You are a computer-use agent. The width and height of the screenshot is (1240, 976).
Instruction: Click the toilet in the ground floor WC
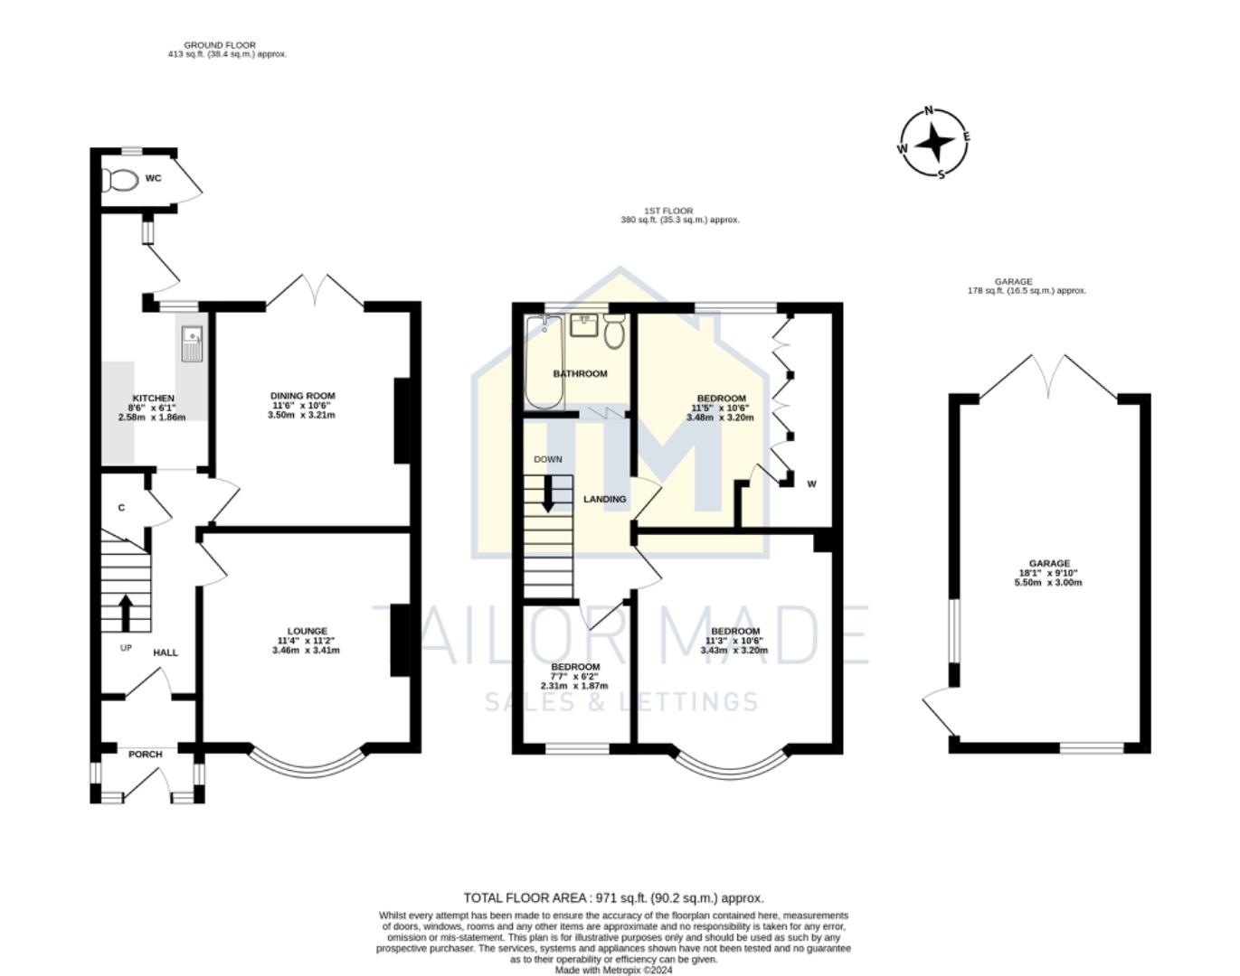click(x=118, y=180)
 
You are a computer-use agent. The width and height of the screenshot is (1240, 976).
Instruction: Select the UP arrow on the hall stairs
click(x=125, y=612)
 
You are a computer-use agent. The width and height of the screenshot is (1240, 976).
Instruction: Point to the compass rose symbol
click(x=933, y=143)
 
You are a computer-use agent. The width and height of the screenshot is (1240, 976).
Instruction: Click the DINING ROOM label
click(x=302, y=396)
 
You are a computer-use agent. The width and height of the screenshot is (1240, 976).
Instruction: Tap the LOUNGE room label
click(x=307, y=631)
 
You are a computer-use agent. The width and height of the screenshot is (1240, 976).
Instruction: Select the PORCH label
click(x=146, y=755)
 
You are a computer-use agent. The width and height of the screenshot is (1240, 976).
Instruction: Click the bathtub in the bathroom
click(x=544, y=361)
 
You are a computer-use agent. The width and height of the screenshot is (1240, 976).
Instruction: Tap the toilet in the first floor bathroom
click(x=615, y=332)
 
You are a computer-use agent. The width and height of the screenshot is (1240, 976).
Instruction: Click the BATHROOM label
click(x=580, y=373)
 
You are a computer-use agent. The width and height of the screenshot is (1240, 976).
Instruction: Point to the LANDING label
click(x=604, y=499)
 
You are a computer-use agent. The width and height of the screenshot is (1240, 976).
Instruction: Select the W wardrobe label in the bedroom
click(x=811, y=484)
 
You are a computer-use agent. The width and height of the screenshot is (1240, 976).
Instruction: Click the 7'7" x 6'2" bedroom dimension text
click(x=574, y=676)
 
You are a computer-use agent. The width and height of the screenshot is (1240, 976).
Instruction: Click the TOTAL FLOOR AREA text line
click(x=613, y=897)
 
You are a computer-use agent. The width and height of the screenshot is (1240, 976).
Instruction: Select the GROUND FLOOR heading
click(x=220, y=45)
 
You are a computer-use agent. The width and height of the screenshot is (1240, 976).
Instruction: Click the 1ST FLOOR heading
click(x=668, y=211)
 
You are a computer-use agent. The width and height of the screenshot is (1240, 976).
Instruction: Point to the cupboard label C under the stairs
click(x=121, y=508)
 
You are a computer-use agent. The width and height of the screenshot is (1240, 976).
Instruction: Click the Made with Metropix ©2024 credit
click(x=613, y=970)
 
